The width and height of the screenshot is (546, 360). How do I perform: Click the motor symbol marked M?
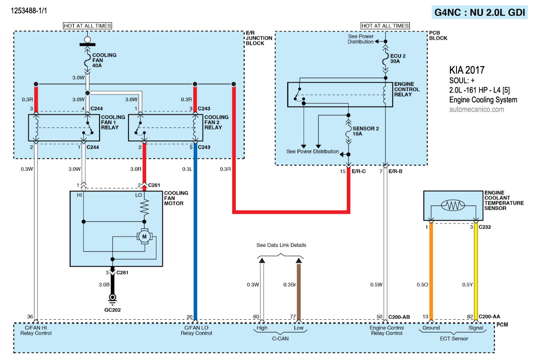click(144, 237)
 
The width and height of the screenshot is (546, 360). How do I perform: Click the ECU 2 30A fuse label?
click(397, 59)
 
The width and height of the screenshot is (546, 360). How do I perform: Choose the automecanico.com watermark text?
click(476, 109)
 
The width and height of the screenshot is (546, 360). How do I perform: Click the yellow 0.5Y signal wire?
click(476, 270)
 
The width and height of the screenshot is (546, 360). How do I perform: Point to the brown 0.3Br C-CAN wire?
click(299, 290)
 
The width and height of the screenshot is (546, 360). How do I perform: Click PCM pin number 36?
click(30, 317)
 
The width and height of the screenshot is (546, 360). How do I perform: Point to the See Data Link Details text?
click(281, 245)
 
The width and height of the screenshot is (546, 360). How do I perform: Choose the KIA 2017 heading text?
click(467, 70)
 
